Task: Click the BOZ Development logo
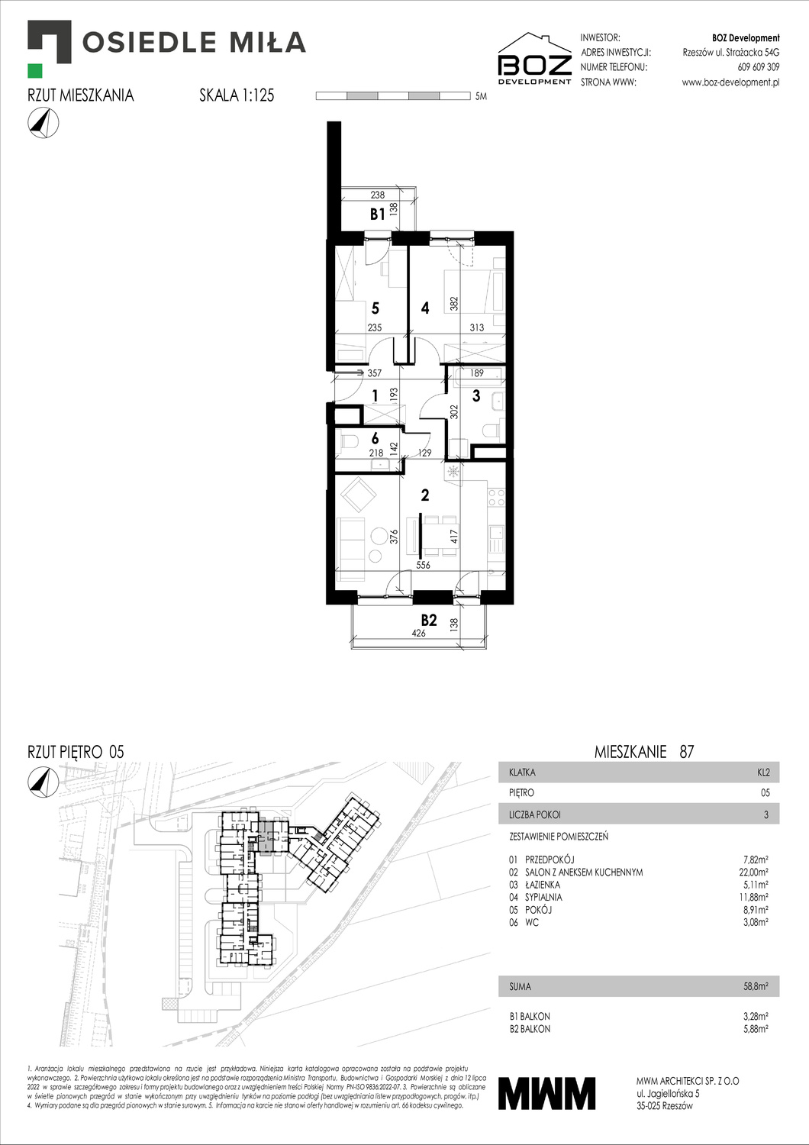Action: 534,60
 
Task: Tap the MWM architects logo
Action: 546,1092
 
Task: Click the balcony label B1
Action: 377,214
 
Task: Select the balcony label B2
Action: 429,620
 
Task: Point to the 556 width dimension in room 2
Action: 423,566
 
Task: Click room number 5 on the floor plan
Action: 375,308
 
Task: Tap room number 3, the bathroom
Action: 476,395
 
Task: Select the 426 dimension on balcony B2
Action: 418,633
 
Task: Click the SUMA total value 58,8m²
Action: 756,986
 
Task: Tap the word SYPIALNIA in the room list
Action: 543,897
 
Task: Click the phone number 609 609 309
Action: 758,67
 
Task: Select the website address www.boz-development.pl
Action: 730,82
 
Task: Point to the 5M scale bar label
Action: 481,97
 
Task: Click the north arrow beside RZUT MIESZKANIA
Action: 43,123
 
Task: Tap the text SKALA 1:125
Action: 237,95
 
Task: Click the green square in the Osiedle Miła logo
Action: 35,71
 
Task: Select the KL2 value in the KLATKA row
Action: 763,772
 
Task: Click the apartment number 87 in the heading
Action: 686,752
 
